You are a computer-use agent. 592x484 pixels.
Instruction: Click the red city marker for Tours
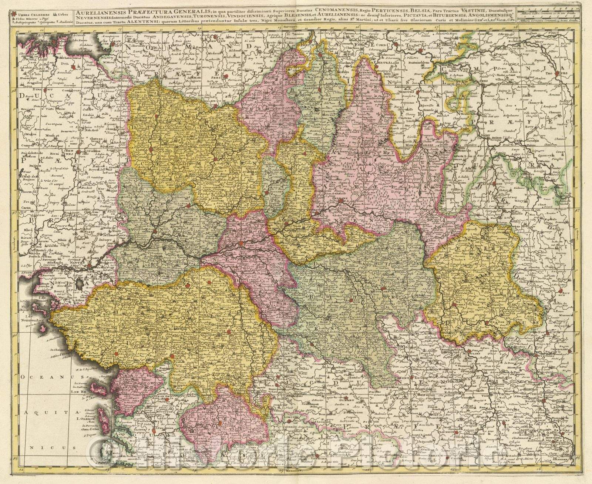pos(241,244)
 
